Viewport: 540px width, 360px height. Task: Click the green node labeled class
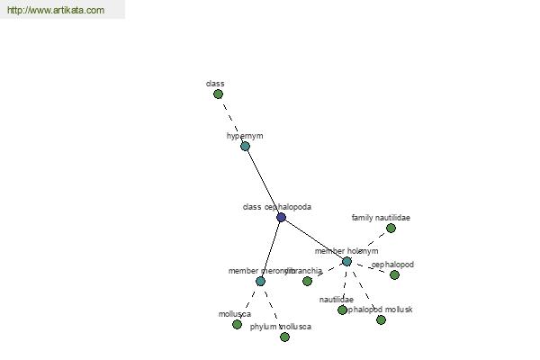pyautogui.click(x=218, y=94)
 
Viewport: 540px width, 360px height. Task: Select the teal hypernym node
pyautogui.click(x=245, y=146)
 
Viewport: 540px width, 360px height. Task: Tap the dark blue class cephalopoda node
pyautogui.click(x=281, y=217)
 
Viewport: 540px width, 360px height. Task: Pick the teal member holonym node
pyautogui.click(x=346, y=261)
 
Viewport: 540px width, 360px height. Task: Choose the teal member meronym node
pyautogui.click(x=260, y=281)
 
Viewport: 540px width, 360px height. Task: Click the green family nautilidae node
pyautogui.click(x=391, y=228)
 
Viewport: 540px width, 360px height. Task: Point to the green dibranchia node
pyautogui.click(x=307, y=281)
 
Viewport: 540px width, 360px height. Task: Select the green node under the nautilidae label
pyautogui.click(x=342, y=310)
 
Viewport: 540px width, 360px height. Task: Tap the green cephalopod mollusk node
pyautogui.click(x=381, y=319)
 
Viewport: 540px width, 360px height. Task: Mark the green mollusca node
pyautogui.click(x=237, y=324)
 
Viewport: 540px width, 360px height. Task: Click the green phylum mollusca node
pyautogui.click(x=284, y=337)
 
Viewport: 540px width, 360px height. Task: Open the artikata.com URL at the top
pyautogui.click(x=55, y=10)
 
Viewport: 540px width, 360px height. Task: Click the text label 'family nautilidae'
pyautogui.click(x=381, y=218)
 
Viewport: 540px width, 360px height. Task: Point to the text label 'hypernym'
pyautogui.click(x=245, y=136)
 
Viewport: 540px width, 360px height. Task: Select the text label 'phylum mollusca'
pyautogui.click(x=281, y=327)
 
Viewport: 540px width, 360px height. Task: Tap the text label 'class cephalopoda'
pyautogui.click(x=277, y=207)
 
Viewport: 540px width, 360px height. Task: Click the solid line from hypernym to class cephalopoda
pyautogui.click(x=263, y=181)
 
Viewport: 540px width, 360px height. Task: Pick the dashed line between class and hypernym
pyautogui.click(x=231, y=120)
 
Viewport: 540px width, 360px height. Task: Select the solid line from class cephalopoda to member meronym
pyautogui.click(x=271, y=248)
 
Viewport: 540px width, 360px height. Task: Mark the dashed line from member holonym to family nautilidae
pyautogui.click(x=370, y=243)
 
